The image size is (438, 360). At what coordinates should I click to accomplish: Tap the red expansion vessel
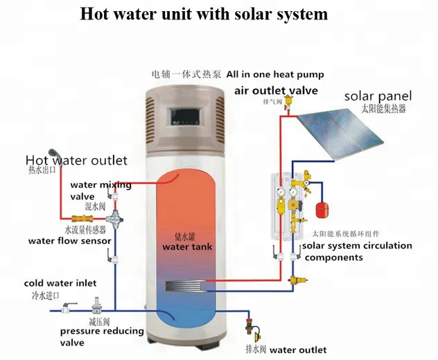click(321, 207)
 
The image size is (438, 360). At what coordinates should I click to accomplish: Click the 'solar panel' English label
click(378, 96)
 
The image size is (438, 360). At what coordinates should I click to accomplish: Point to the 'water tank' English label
click(186, 247)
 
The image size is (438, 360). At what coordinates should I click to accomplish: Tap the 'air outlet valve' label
click(276, 91)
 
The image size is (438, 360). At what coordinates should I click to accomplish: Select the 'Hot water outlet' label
click(76, 160)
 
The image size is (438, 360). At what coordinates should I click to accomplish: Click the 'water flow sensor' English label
click(69, 241)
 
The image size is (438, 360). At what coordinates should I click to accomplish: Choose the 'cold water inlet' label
click(60, 283)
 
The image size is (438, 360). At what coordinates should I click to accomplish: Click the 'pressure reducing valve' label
click(103, 336)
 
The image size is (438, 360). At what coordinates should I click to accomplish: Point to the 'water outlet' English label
click(297, 350)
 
